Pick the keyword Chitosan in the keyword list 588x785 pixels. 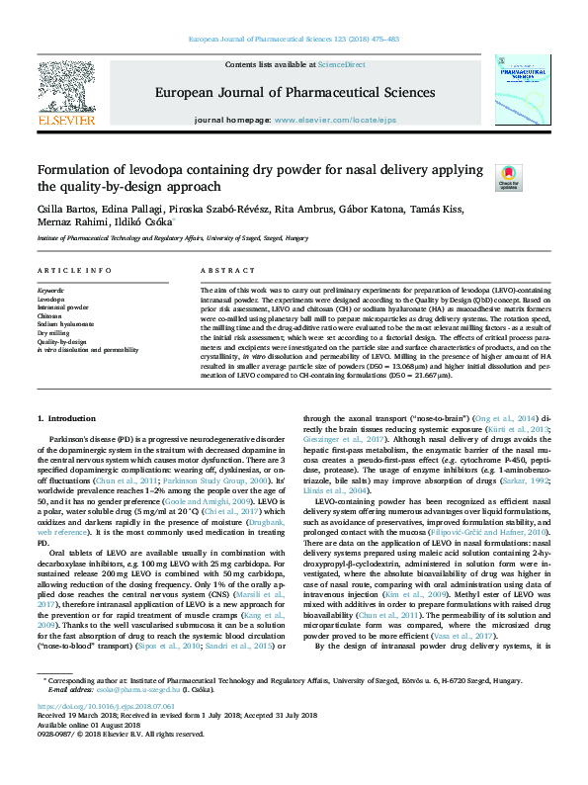[x=50, y=314]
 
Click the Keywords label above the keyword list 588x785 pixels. [x=49, y=289]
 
